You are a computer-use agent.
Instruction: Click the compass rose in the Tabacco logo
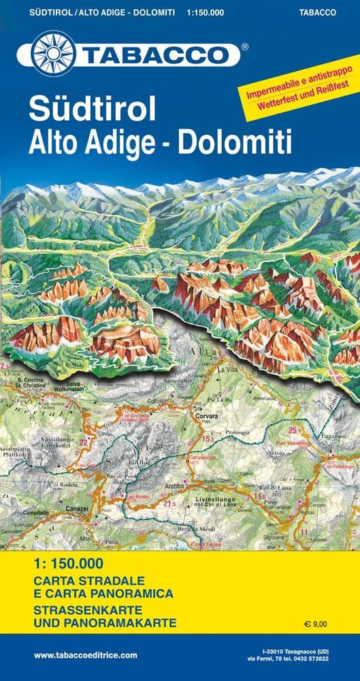(x=53, y=53)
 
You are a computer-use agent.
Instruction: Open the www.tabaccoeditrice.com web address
(x=86, y=655)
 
